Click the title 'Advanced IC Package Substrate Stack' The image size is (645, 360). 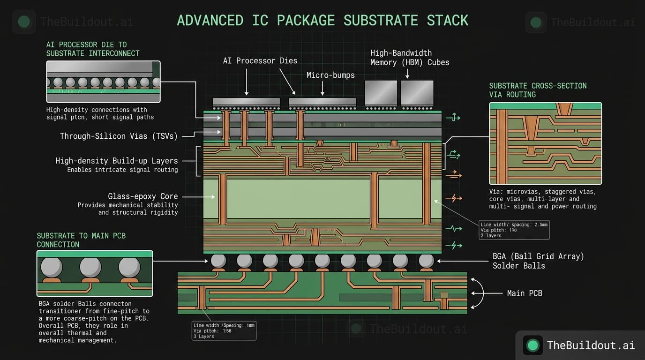coord(322,21)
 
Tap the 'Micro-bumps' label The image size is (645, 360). coord(330,75)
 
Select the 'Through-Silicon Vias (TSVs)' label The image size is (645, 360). coord(119,136)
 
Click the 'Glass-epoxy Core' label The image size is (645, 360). coord(142,196)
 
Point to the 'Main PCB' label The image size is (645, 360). coord(525,293)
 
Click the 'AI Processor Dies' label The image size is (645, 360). coord(260,61)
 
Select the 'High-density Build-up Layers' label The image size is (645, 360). coord(116,161)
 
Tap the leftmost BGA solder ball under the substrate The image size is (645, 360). coord(218,261)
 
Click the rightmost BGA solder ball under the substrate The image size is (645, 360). coord(426,261)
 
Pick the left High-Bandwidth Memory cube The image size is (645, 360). coord(381,93)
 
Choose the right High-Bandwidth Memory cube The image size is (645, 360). coord(417,93)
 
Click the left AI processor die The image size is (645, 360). coord(246,102)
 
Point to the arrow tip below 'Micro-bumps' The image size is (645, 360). coord(322,95)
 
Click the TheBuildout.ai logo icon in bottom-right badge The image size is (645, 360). coord(532,345)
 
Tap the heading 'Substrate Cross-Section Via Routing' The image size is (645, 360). coord(538,90)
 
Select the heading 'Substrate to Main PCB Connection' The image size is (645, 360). coord(81,240)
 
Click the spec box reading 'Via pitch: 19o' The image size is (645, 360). coord(514,230)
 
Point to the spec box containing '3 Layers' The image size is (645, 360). coord(224,330)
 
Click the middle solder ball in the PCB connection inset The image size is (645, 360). coord(90,267)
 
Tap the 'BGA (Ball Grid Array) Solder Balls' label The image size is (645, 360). coord(538,261)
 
